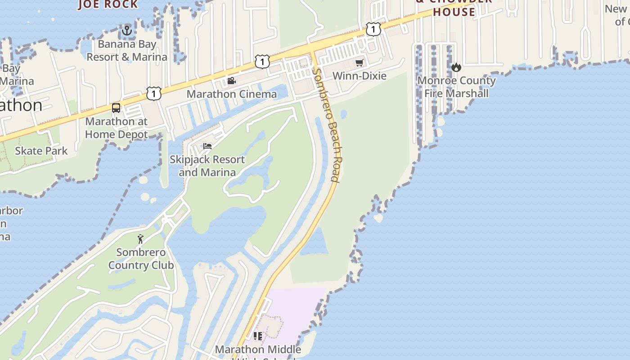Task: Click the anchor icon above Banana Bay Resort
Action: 127,31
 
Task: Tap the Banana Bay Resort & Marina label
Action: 127,50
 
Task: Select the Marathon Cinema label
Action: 232,94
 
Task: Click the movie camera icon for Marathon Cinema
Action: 231,81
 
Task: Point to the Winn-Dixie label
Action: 360,76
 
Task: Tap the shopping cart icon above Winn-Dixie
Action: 359,63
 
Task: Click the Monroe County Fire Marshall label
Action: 457,87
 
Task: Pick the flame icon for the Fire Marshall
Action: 456,67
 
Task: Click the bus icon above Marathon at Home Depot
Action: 116,108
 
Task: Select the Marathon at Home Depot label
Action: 117,128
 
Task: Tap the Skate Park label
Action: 41,151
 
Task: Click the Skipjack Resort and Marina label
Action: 207,166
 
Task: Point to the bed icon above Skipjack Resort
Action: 207,146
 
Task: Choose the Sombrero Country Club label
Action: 141,259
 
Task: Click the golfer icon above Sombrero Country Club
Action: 141,239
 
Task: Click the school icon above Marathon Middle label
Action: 258,336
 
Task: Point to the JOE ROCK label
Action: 108,4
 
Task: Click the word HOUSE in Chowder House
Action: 454,12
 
